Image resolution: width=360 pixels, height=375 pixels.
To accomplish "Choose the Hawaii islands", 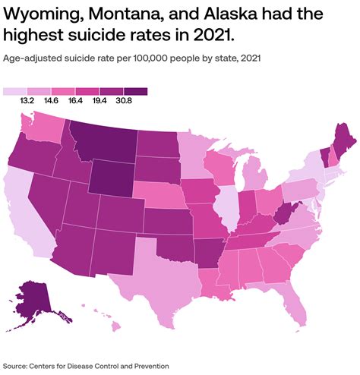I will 114,326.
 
